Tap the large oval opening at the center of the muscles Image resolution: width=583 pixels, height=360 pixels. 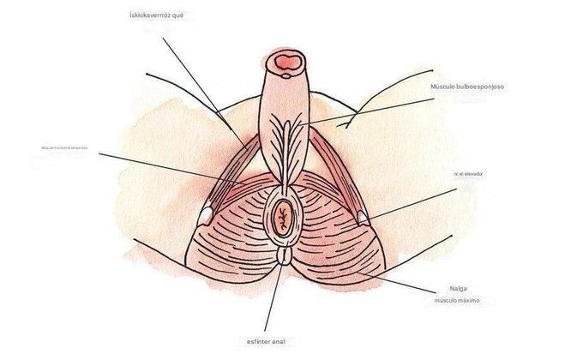click(x=282, y=219)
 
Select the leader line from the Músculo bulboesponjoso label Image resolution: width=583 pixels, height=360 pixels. click(x=369, y=111)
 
